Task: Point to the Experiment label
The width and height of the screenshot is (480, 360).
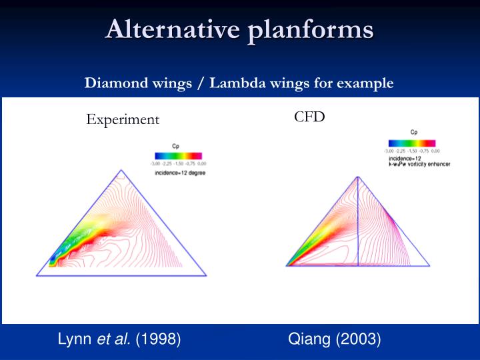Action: tap(123, 119)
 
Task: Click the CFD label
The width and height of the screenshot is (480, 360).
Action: tap(309, 117)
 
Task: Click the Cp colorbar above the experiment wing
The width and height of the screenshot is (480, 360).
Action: tap(178, 154)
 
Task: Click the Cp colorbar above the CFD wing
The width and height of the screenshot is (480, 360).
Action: tap(411, 143)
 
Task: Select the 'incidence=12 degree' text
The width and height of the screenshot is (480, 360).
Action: tap(180, 173)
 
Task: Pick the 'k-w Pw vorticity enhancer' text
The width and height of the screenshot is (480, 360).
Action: tap(419, 164)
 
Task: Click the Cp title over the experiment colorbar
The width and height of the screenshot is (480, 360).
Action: tap(176, 145)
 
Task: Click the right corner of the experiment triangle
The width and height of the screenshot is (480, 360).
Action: tap(205, 275)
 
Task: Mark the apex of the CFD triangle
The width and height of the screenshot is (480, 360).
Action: tap(358, 176)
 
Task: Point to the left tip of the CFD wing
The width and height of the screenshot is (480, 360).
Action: tap(287, 265)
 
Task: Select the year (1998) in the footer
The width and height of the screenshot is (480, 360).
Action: tap(158, 339)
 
